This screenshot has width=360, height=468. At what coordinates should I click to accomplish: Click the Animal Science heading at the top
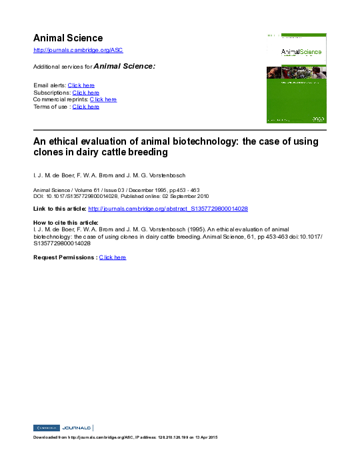(x=68, y=38)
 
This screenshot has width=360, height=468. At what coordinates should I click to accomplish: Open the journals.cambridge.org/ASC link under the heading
(x=78, y=51)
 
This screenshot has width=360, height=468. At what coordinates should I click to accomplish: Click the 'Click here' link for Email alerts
(x=81, y=85)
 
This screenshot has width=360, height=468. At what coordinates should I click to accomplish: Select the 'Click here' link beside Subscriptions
(x=86, y=93)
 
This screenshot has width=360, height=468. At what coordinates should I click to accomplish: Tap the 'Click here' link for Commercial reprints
(x=103, y=99)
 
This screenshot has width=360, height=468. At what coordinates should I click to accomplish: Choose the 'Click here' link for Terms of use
(x=86, y=107)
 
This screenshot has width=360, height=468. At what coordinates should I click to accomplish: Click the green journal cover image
(x=295, y=78)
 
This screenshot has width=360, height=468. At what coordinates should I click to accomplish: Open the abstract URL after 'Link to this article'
(x=168, y=209)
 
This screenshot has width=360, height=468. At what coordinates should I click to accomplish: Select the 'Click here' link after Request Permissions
(x=113, y=257)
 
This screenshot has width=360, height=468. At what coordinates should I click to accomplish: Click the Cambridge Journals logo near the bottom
(x=63, y=427)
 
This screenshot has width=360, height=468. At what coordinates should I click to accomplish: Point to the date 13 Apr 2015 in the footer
(x=203, y=437)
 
